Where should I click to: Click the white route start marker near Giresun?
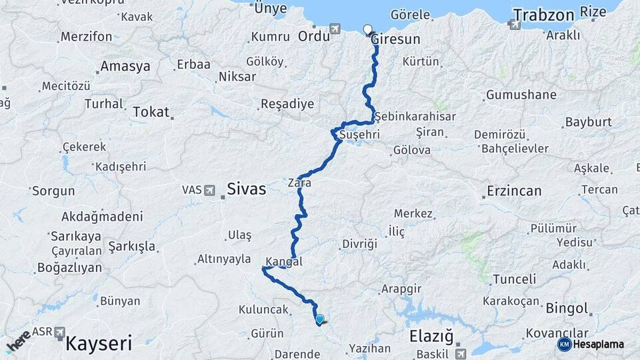click(367, 29)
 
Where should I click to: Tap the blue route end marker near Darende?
click(319, 319)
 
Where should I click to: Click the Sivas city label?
click(246, 189)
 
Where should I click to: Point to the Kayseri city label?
click(98, 344)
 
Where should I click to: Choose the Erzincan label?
click(513, 191)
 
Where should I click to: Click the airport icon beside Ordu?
click(335, 29)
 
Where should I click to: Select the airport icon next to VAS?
click(211, 190)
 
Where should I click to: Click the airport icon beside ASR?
click(60, 331)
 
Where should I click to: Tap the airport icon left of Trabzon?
click(514, 25)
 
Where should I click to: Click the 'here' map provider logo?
click(18, 340)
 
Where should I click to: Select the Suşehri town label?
click(359, 135)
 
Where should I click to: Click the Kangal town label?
click(283, 261)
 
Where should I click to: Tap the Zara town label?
click(299, 181)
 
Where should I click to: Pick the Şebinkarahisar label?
click(415, 116)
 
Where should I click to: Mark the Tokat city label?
click(151, 111)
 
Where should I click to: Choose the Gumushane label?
click(521, 95)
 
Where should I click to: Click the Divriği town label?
click(359, 244)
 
